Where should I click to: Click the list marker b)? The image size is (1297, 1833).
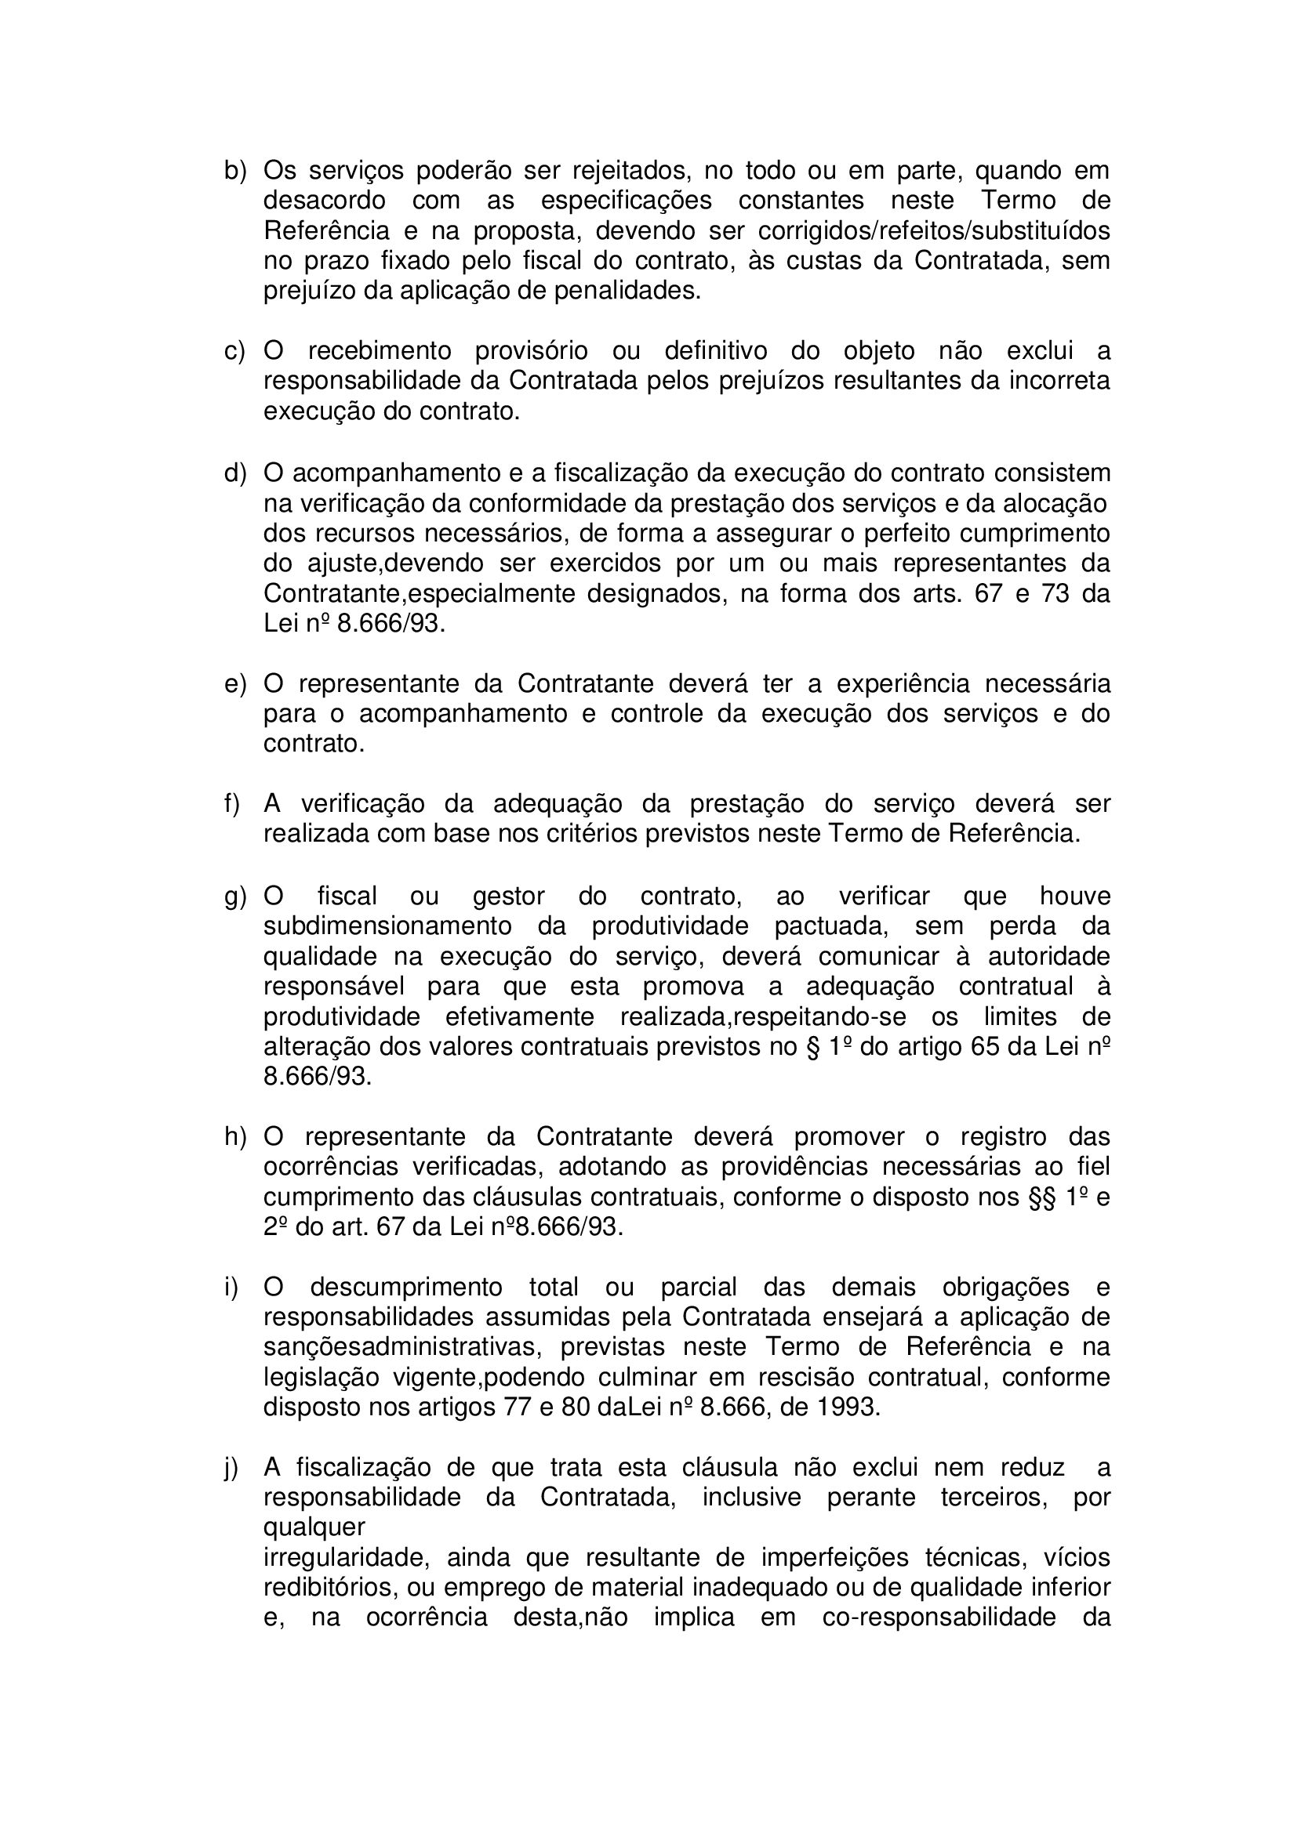pyautogui.click(x=234, y=171)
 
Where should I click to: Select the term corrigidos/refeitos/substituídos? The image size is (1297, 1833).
pyautogui.click(x=933, y=230)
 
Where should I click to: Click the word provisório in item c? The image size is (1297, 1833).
pyautogui.click(x=531, y=351)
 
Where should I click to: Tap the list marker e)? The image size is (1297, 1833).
pyautogui.click(x=234, y=684)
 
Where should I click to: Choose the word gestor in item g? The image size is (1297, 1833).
pyautogui.click(x=508, y=897)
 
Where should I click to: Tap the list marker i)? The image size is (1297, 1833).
pyautogui.click(x=231, y=1288)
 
